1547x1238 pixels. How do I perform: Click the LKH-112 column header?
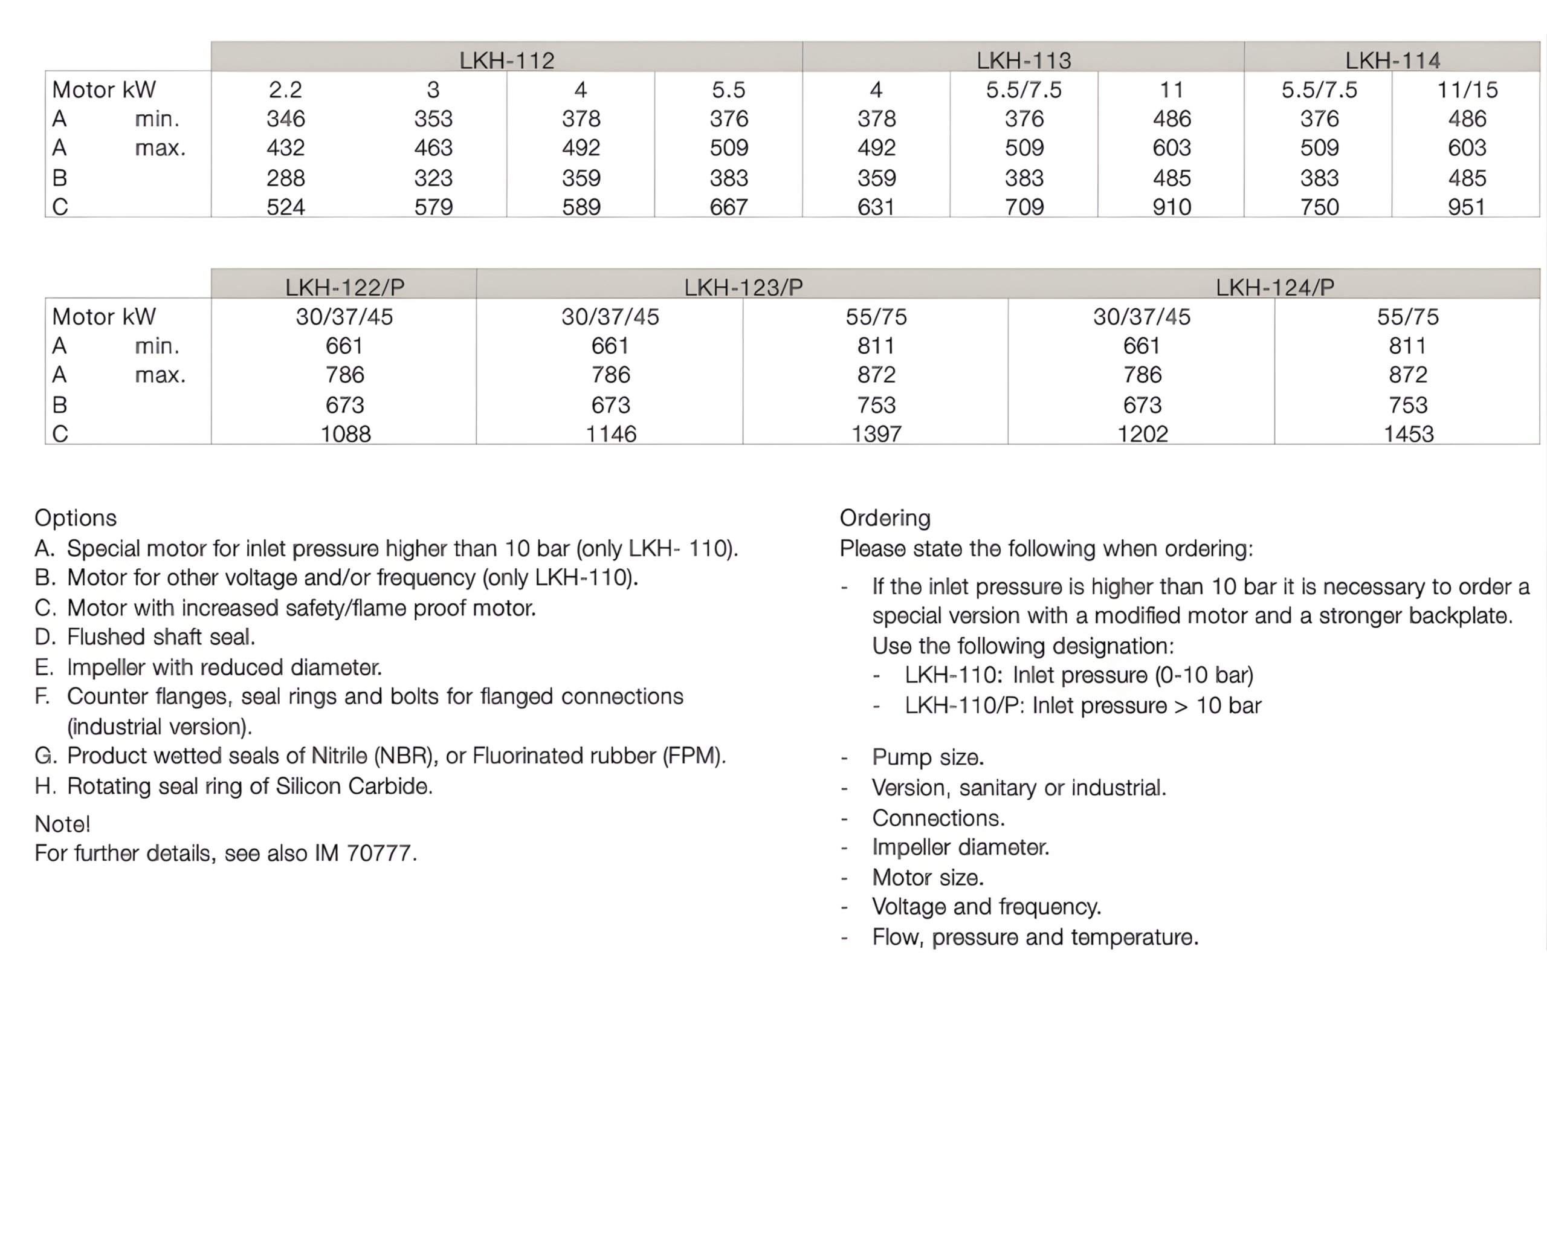pos(506,60)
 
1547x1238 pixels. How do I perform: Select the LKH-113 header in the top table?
pos(1023,60)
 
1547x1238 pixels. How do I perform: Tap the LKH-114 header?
pos(1392,60)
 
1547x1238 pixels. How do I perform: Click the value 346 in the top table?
pos(286,118)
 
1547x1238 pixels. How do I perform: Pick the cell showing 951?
pos(1467,207)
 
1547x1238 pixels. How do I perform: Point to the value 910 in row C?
pos(1172,207)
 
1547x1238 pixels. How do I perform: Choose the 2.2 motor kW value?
pos(286,89)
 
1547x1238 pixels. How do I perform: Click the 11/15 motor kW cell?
pos(1467,89)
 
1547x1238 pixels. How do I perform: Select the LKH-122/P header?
pos(344,287)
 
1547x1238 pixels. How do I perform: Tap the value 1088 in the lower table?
pos(345,433)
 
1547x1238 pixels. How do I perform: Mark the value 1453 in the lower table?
pos(1408,433)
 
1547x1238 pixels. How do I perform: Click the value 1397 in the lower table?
pos(876,433)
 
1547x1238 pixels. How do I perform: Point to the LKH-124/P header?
pos(1274,287)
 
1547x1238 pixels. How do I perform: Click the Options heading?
pos(76,517)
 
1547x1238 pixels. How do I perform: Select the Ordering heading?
pos(885,517)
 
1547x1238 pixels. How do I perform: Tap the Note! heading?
pos(62,823)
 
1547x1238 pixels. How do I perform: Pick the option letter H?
pos(45,786)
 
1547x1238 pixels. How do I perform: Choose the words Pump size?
pos(928,757)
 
